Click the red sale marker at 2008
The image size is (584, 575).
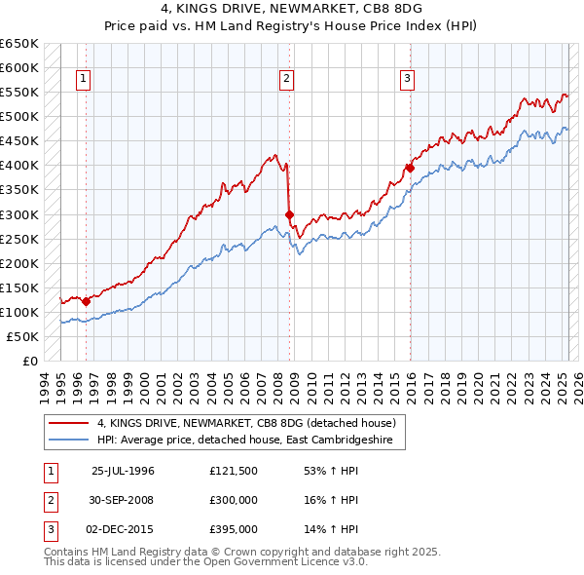(289, 214)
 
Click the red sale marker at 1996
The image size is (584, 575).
(86, 301)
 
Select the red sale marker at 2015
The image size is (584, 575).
(410, 168)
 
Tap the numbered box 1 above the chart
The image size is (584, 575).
(85, 80)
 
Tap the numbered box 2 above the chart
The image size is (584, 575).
(288, 80)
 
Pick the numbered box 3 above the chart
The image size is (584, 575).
(408, 80)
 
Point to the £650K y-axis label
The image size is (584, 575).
(19, 44)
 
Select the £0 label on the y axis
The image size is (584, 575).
(29, 361)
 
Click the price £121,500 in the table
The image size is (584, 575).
(233, 471)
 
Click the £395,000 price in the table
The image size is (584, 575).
(233, 529)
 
